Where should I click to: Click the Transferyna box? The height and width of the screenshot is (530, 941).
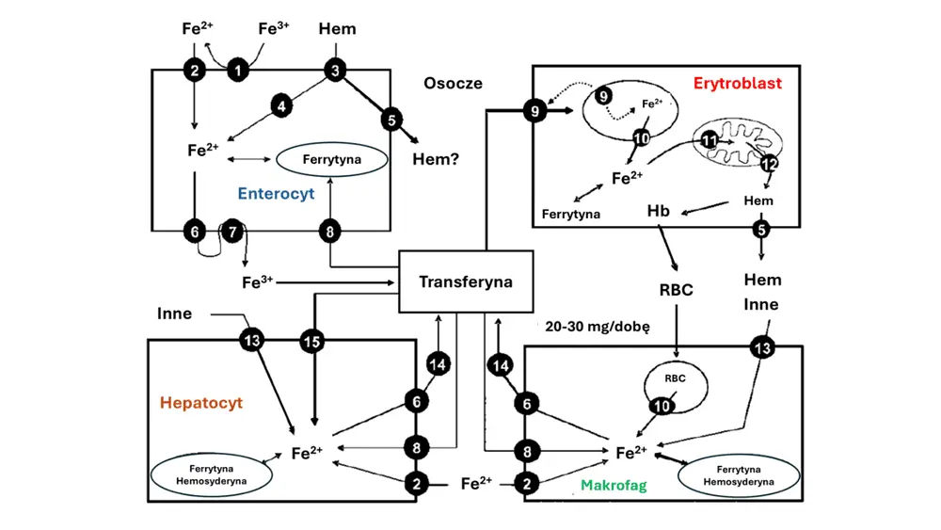(x=466, y=281)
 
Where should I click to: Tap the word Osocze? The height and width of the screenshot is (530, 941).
(x=453, y=83)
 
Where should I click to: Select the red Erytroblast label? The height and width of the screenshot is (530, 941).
(x=737, y=83)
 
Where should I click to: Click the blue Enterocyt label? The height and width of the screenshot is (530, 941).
(x=276, y=195)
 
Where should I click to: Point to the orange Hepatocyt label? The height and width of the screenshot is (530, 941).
(x=201, y=403)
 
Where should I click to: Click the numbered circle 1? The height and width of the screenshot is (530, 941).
(x=238, y=69)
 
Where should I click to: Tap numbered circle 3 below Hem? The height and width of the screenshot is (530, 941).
(x=335, y=70)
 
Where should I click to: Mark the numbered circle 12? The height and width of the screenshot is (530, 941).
(x=769, y=164)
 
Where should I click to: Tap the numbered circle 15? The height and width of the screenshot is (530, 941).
(x=313, y=340)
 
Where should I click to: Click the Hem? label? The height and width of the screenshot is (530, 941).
(x=436, y=159)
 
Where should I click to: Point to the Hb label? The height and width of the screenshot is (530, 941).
(x=659, y=211)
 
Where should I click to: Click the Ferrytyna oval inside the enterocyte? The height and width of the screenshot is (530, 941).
(x=331, y=160)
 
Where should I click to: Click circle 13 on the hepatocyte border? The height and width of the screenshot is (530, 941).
(x=251, y=340)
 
